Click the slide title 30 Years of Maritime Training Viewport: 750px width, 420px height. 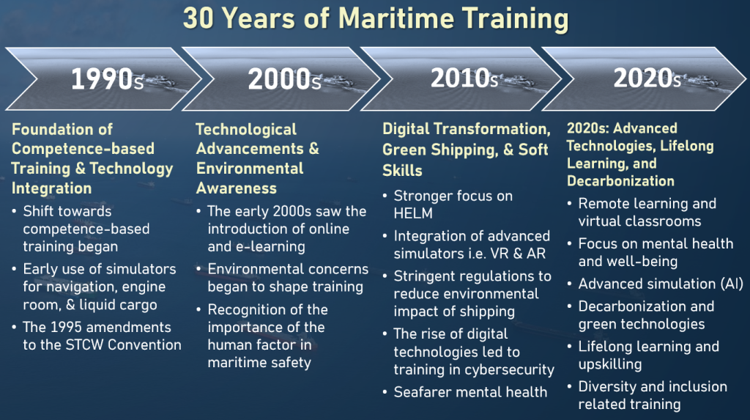tap(375, 18)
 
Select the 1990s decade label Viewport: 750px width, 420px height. tap(107, 79)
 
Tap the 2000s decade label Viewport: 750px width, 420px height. tap(284, 79)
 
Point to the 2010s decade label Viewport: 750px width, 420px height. tap(464, 78)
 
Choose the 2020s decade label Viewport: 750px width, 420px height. tap(647, 78)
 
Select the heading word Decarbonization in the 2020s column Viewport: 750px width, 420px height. tap(620, 180)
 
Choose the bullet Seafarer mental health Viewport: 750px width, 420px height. tap(470, 392)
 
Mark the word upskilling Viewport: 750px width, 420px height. tap(610, 364)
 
